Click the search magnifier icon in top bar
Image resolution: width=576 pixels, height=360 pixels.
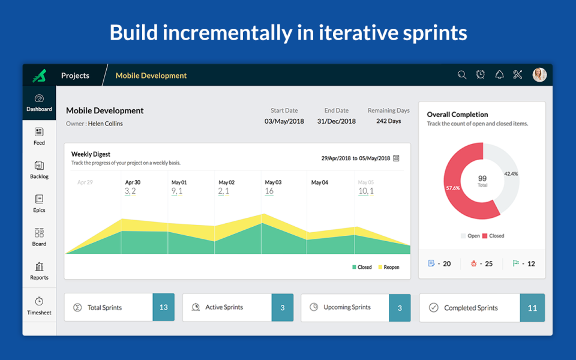(x=462, y=75)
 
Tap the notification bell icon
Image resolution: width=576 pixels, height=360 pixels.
(x=499, y=75)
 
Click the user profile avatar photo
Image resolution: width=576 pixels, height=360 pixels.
(x=539, y=75)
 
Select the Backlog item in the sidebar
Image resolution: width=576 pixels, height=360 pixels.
(x=39, y=169)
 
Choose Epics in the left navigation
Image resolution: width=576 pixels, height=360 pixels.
(x=39, y=203)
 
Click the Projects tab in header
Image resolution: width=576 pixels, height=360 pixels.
(x=75, y=76)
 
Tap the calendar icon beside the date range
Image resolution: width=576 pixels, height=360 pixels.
(x=396, y=158)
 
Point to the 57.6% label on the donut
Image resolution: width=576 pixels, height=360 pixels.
(x=453, y=188)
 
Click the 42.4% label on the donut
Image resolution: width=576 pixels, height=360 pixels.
(x=511, y=173)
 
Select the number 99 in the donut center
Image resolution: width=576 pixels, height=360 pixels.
(x=482, y=178)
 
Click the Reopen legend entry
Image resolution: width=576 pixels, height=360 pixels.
(x=388, y=267)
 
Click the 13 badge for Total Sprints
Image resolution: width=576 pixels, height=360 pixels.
(x=163, y=307)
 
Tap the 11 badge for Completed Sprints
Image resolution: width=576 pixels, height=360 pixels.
(x=532, y=308)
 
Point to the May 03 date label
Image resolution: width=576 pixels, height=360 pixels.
(x=273, y=182)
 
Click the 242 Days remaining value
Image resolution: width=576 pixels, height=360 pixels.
(x=388, y=121)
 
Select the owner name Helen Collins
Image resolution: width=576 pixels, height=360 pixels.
(x=105, y=124)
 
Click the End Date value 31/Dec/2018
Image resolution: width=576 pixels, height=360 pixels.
(x=336, y=121)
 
